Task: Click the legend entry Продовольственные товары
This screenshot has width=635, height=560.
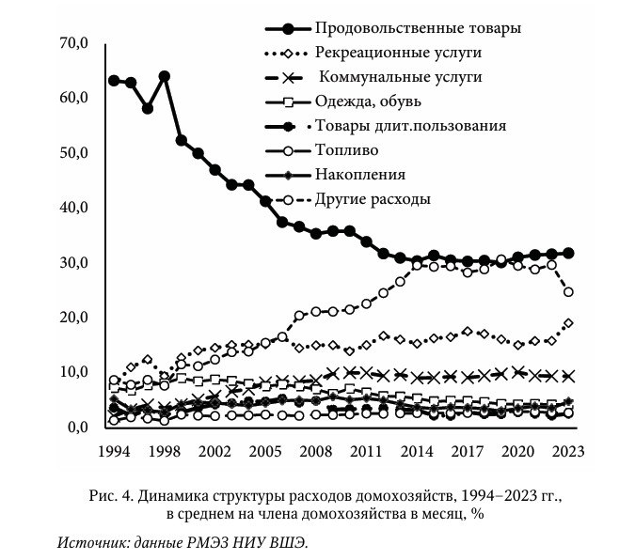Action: [x=419, y=27]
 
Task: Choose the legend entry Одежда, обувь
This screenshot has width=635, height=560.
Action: [x=369, y=101]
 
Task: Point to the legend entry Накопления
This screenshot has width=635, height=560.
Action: [x=361, y=174]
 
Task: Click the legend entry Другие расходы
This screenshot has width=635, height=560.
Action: [x=373, y=199]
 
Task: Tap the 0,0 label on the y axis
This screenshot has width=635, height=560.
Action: [x=75, y=428]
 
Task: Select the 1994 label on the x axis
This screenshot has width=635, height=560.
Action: [x=114, y=450]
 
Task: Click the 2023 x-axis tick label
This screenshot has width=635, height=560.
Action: [x=567, y=450]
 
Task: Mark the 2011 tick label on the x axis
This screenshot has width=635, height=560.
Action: [x=366, y=450]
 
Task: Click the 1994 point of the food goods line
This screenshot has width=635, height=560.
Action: [x=114, y=81]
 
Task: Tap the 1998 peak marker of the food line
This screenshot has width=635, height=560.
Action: [x=165, y=76]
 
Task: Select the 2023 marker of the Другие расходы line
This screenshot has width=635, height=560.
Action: [x=568, y=292]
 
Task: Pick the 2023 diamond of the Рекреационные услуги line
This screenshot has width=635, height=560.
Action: [x=568, y=323]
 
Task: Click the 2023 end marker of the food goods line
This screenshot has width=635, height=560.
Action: [x=568, y=253]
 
